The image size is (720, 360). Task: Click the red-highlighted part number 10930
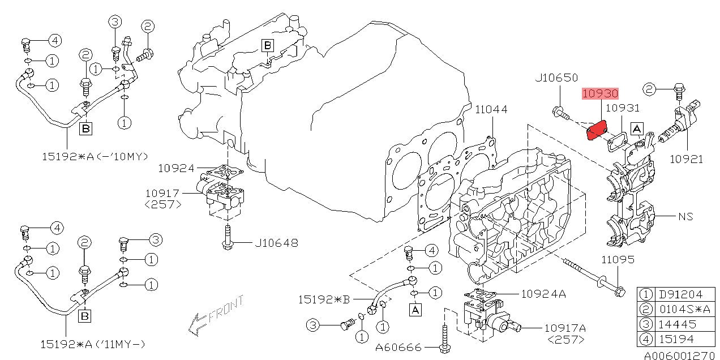click(x=600, y=93)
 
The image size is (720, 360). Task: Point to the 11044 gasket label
click(x=491, y=110)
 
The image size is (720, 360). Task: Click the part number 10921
click(x=686, y=159)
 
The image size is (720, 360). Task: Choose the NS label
click(x=685, y=217)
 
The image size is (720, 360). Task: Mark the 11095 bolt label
click(x=618, y=259)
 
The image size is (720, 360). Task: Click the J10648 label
click(x=277, y=243)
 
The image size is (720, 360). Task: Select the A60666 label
click(x=398, y=348)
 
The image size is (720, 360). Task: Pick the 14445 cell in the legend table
click(x=677, y=324)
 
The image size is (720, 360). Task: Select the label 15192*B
click(x=324, y=299)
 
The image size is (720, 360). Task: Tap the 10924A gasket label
click(x=543, y=294)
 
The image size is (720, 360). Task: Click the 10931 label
click(x=623, y=108)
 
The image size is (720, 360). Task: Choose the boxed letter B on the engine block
click(x=267, y=46)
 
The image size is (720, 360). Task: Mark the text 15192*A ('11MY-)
click(x=93, y=344)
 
